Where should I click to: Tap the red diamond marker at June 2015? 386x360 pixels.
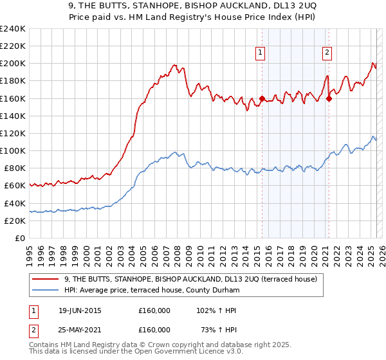tap(262, 98)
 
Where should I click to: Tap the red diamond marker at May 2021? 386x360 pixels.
tap(329, 98)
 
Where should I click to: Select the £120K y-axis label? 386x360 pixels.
tap(13, 133)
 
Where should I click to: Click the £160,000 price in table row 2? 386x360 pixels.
tap(154, 329)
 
